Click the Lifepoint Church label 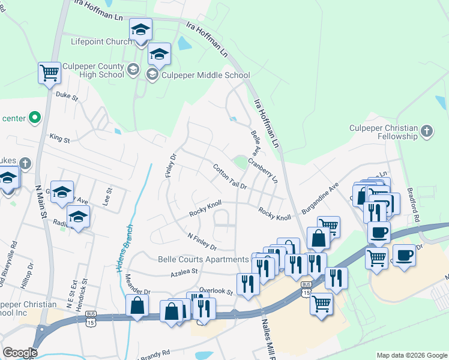(101, 42)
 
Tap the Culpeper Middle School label (204, 76)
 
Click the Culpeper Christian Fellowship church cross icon (426, 131)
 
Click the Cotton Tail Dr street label (231, 177)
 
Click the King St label (59, 139)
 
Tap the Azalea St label (184, 272)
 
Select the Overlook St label (215, 292)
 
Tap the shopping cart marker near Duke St (49, 74)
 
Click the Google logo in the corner (19, 353)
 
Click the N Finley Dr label (202, 242)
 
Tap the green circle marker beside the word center (34, 118)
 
